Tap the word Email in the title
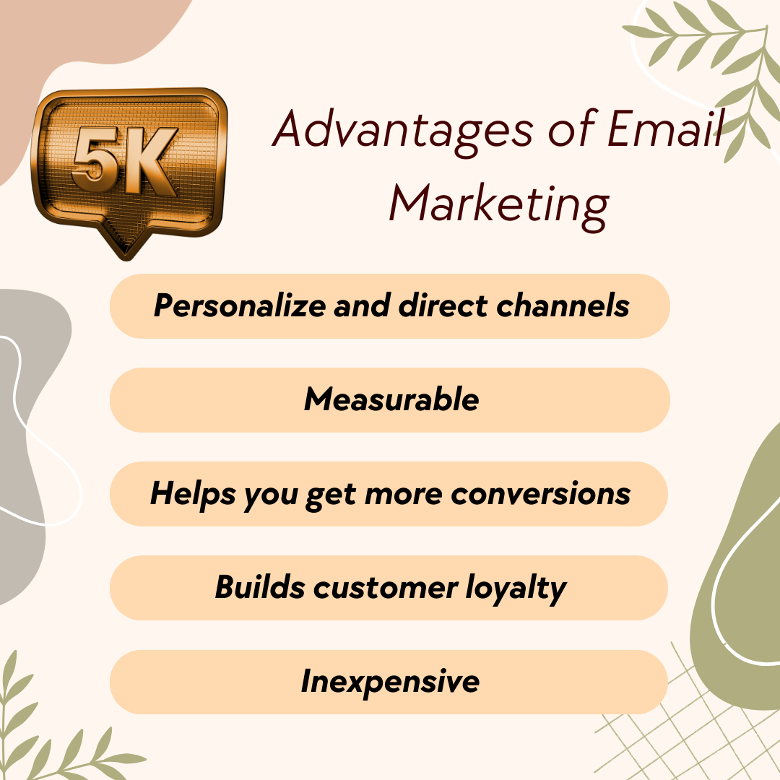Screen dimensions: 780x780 point(666,129)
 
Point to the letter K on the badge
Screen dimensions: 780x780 point(149,160)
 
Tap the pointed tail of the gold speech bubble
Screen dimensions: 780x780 point(126,246)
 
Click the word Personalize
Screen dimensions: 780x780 point(240,305)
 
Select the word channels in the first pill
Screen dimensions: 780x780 point(563,305)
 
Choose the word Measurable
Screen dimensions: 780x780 point(391,399)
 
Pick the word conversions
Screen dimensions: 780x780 point(541,494)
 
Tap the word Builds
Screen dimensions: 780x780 point(260,587)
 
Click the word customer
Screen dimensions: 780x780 point(386,588)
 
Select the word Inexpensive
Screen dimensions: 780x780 point(390,682)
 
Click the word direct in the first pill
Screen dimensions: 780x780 point(443,305)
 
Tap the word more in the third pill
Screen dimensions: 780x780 point(404,495)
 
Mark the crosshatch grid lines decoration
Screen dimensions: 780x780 point(689,716)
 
